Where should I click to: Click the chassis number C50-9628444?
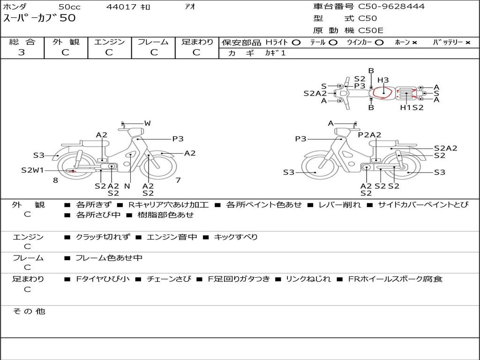[x=391, y=6]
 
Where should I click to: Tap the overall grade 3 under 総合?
[x=22, y=52]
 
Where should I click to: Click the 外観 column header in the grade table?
[x=66, y=42]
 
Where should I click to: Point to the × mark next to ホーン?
[x=414, y=43]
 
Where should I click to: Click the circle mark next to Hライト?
[x=296, y=43]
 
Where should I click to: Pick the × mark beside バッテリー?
[x=468, y=43]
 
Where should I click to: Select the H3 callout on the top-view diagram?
[x=383, y=80]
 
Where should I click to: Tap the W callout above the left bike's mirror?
[x=148, y=123]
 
